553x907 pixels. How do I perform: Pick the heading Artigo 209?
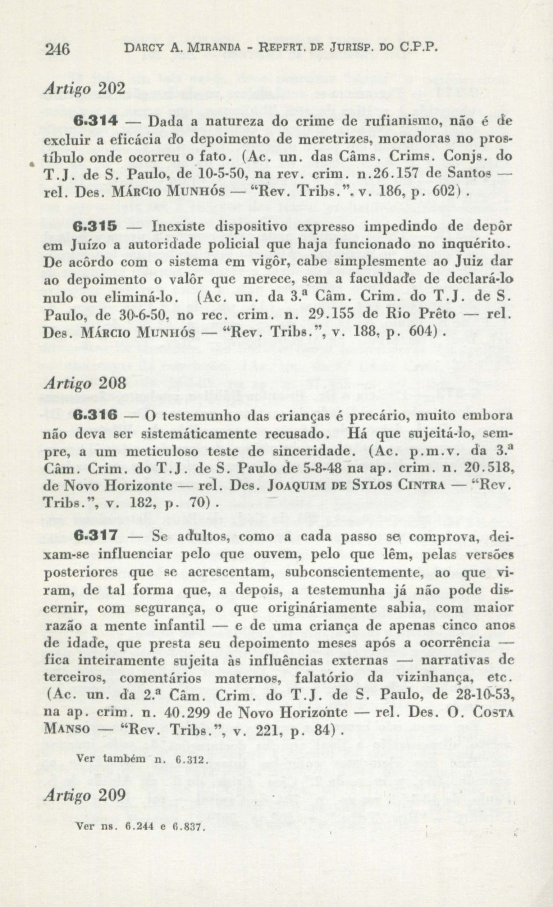[84, 795]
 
